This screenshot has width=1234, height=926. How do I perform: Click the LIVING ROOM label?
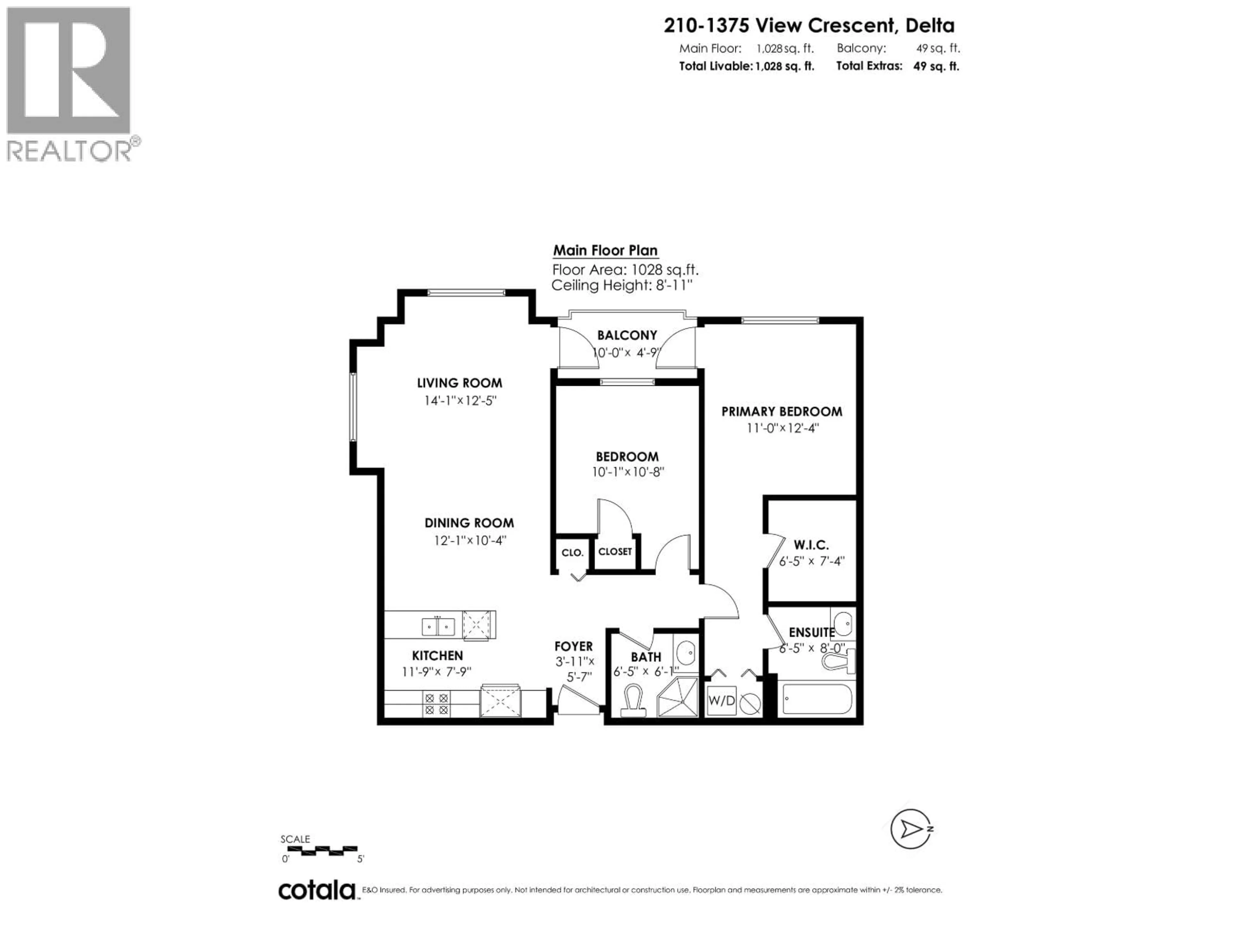[459, 383]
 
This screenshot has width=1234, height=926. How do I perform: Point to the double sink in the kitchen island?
[438, 626]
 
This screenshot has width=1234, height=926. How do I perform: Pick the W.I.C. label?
[811, 545]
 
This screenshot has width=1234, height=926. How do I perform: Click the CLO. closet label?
[572, 553]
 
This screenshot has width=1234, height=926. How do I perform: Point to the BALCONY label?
[627, 335]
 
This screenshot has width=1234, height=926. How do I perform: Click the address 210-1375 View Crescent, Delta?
[809, 26]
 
